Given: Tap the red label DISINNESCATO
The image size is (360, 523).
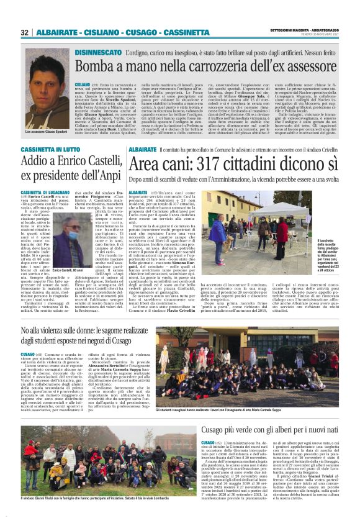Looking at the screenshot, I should tap(97, 53).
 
